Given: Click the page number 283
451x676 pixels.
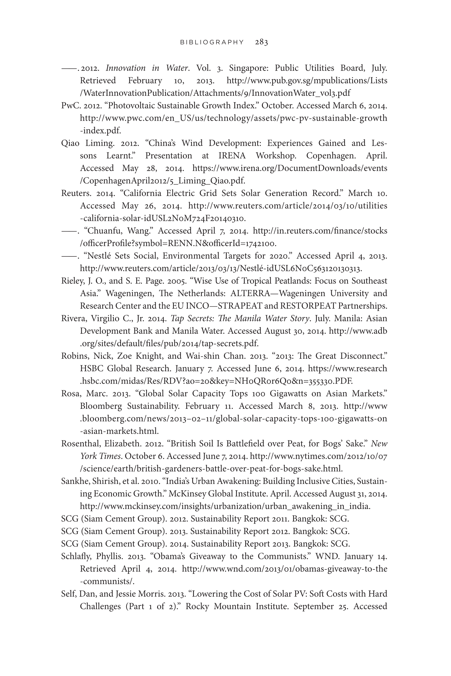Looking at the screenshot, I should coord(262,42).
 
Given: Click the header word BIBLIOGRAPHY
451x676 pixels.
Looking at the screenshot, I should coord(212,42).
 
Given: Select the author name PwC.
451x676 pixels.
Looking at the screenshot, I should coord(70,105).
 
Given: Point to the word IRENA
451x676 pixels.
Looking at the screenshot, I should coord(232,155).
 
